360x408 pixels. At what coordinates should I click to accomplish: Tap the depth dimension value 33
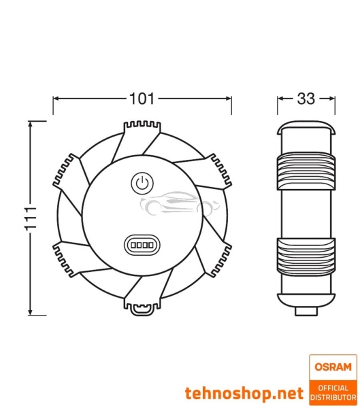[x=306, y=99]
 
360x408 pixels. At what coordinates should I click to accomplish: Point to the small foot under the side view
[x=306, y=310]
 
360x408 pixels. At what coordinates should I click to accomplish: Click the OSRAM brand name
[x=332, y=367]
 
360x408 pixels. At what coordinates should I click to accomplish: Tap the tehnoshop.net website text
[x=244, y=392]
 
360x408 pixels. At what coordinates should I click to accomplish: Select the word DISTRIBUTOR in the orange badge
[x=332, y=396]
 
